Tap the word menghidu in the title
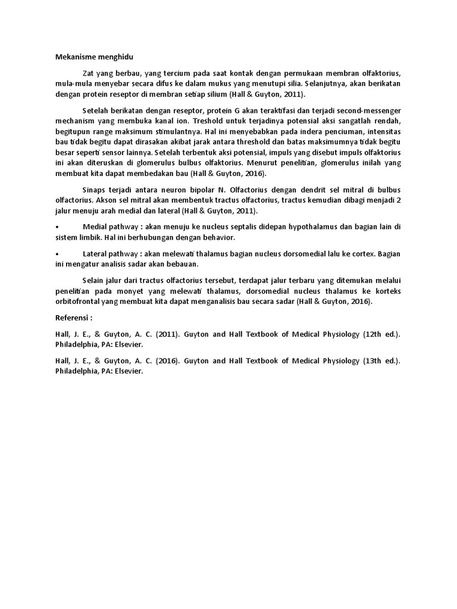tap(116, 57)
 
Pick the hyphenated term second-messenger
tap(368, 111)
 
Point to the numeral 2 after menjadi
tap(399, 200)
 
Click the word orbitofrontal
tap(77, 302)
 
